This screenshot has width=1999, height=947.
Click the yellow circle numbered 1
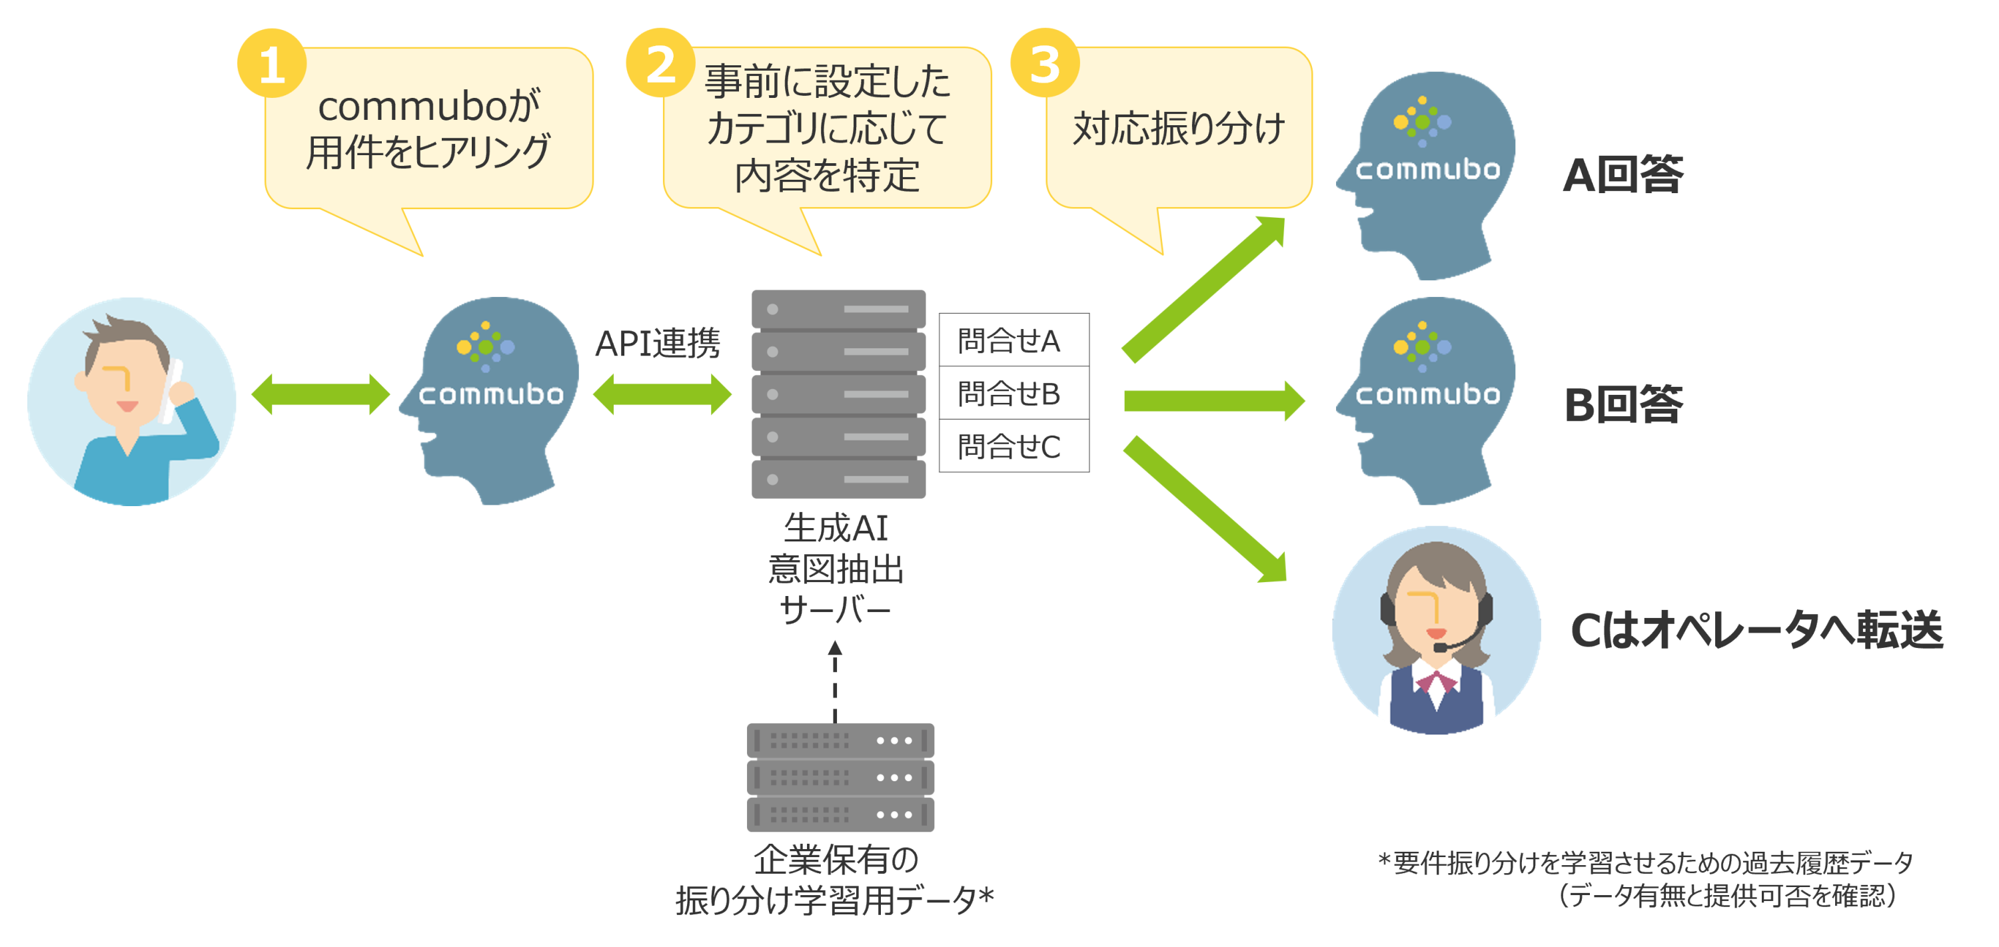pos(272,63)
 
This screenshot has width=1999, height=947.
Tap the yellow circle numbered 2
pos(660,63)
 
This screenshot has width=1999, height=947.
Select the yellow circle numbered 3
pos(1045,63)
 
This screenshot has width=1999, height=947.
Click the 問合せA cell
pos(1013,340)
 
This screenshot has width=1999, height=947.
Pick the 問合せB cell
pos(1013,393)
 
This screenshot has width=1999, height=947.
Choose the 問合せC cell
pos(1013,446)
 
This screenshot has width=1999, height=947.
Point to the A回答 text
pos(1623,175)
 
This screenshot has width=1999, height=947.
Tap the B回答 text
pos(1623,404)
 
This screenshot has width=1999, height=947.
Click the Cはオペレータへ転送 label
pos(1756,629)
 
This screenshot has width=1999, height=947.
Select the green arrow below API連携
pos(662,394)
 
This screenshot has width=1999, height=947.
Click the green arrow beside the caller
pos(321,394)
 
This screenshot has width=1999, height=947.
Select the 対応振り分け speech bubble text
pos(1179,129)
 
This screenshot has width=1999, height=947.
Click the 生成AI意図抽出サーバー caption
pos(836,569)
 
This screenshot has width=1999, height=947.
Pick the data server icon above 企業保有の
pos(840,777)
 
